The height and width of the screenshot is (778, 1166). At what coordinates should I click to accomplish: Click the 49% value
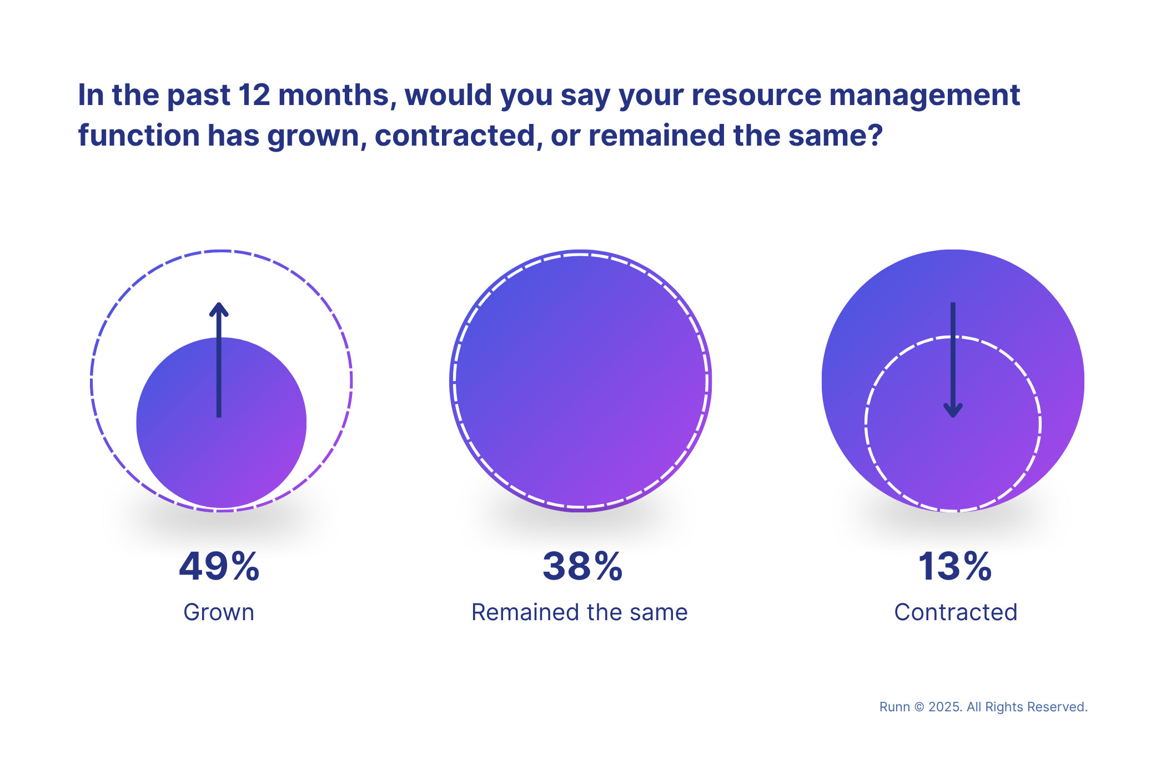tap(219, 567)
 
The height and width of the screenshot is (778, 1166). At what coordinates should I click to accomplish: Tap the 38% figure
tap(582, 567)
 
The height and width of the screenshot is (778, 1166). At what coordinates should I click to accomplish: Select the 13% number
tap(954, 567)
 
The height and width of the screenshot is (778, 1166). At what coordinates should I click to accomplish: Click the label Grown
tap(219, 612)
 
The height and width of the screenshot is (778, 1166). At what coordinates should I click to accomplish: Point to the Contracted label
tap(956, 612)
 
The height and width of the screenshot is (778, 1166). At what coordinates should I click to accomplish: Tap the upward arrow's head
tap(219, 308)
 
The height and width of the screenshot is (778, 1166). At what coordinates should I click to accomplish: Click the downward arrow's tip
tap(953, 413)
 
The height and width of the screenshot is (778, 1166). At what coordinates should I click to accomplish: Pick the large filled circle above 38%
tap(580, 381)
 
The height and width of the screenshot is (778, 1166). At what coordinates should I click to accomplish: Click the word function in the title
tap(139, 136)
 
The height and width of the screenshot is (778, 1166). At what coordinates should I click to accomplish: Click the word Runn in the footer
tap(894, 707)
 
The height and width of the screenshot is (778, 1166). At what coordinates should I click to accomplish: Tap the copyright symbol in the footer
tap(919, 707)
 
